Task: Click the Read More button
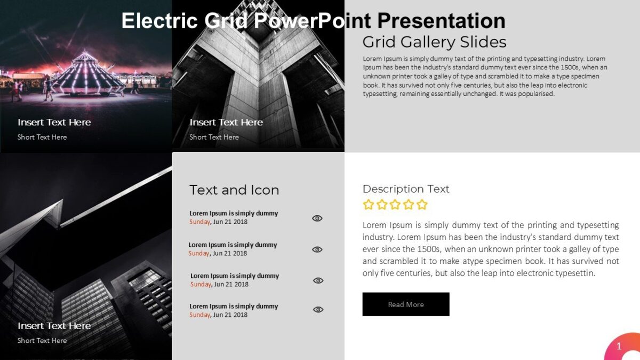[406, 304]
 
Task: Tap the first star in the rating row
[368, 204]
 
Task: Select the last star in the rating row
[422, 204]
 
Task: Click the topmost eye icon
[317, 218]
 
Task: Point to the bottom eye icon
[318, 309]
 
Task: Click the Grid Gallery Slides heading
[434, 42]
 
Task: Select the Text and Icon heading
[234, 190]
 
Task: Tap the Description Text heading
[406, 189]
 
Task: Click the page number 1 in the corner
[619, 347]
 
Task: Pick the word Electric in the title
[159, 21]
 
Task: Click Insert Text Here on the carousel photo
[54, 122]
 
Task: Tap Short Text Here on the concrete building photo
[214, 137]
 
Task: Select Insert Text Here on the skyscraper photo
[54, 325]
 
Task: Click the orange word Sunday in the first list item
[199, 222]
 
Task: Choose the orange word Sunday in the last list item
[199, 315]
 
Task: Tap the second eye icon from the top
[317, 250]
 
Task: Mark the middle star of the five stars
[395, 204]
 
